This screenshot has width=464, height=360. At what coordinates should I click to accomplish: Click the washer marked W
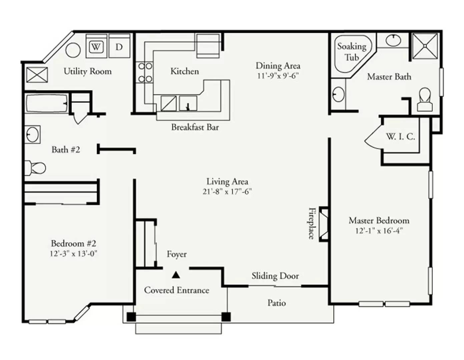[x=96, y=46]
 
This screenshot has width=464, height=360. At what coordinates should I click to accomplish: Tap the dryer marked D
[x=119, y=46]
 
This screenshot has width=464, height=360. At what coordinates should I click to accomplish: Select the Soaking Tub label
[x=352, y=52]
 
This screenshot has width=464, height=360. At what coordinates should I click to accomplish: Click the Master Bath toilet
[x=425, y=99]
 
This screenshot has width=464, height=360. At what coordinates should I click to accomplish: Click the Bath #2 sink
[x=32, y=134]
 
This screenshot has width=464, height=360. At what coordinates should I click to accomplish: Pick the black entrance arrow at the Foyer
[x=176, y=275]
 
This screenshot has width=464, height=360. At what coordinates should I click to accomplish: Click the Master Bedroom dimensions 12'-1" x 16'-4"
[x=379, y=231]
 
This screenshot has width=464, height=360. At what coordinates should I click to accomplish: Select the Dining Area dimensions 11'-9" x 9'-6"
[x=278, y=76]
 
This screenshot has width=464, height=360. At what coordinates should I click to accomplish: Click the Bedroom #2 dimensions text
[x=73, y=254]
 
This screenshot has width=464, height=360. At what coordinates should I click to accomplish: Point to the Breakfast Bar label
[x=195, y=127]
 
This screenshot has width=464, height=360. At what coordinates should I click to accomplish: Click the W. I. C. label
[x=400, y=136]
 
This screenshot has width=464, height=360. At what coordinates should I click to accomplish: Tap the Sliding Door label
[x=275, y=276]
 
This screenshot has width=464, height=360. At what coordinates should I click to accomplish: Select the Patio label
[x=277, y=303]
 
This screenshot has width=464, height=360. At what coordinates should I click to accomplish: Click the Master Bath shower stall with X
[x=425, y=46]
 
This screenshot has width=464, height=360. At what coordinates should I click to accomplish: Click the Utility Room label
[x=87, y=71]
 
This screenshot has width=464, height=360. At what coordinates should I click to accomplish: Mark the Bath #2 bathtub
[x=47, y=103]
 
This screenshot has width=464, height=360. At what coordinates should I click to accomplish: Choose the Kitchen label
[x=184, y=71]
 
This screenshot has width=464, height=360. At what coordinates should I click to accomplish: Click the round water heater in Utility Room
[x=73, y=50]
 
